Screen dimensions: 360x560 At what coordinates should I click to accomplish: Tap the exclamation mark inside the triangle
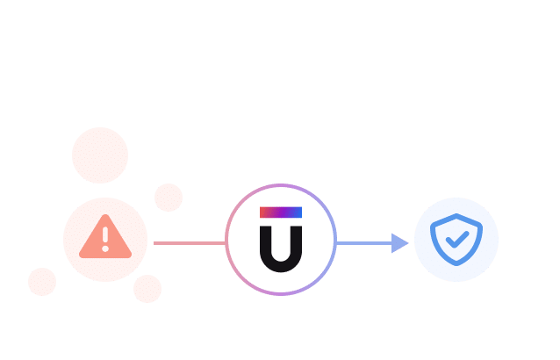point(105,235)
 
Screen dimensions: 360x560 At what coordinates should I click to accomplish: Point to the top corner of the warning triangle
point(105,217)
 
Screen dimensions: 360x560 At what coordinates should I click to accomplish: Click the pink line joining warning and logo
point(189,243)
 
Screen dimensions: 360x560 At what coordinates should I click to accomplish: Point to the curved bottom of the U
point(281,264)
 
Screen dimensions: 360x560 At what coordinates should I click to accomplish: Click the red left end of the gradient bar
point(264,212)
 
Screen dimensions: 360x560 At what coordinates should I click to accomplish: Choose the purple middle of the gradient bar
point(281,212)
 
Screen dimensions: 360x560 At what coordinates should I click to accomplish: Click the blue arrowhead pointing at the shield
point(400,243)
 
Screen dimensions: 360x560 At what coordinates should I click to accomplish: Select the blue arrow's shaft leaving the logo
point(363,243)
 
